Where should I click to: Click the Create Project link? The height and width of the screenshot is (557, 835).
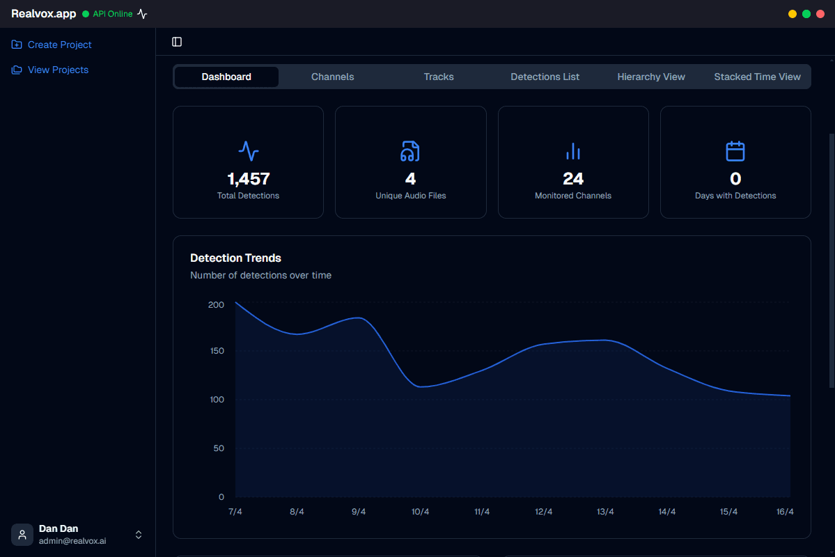[59, 45]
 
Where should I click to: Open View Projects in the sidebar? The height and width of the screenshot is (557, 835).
[58, 70]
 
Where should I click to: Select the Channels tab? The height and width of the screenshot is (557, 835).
[332, 77]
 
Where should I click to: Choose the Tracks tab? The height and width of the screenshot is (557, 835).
[439, 77]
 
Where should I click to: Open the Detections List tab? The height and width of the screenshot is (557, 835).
[545, 77]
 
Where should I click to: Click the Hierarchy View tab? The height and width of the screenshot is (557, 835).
[651, 77]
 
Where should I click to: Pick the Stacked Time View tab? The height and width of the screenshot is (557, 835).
[757, 77]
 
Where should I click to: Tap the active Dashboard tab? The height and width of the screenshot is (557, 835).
[226, 77]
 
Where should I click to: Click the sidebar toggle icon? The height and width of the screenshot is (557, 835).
[177, 42]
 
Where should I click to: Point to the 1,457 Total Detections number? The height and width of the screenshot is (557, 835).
[248, 179]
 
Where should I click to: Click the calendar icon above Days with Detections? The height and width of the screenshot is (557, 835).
[735, 151]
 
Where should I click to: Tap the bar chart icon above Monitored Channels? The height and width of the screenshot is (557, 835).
[573, 151]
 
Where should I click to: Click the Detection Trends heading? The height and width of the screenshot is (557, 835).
[235, 258]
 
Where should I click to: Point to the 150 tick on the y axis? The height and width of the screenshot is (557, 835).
[217, 350]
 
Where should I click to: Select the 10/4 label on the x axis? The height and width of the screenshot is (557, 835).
[420, 512]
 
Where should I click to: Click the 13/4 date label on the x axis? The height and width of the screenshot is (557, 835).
[605, 512]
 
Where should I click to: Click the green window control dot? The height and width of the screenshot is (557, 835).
[806, 14]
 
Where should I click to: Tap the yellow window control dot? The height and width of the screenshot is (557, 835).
[793, 14]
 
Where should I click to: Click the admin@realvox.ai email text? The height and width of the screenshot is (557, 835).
[72, 541]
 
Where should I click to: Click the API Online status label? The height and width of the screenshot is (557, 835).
[112, 14]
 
